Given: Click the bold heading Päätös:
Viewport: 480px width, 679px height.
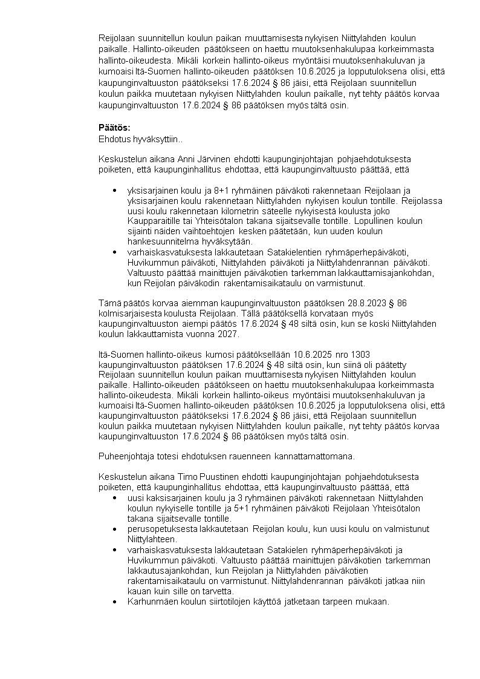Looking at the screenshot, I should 114,128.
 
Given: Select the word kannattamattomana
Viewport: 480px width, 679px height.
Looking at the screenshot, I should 314,456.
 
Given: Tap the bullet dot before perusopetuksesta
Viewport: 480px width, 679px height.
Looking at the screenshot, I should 115,529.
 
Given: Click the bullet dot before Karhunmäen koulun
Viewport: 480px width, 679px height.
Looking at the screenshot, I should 115,602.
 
